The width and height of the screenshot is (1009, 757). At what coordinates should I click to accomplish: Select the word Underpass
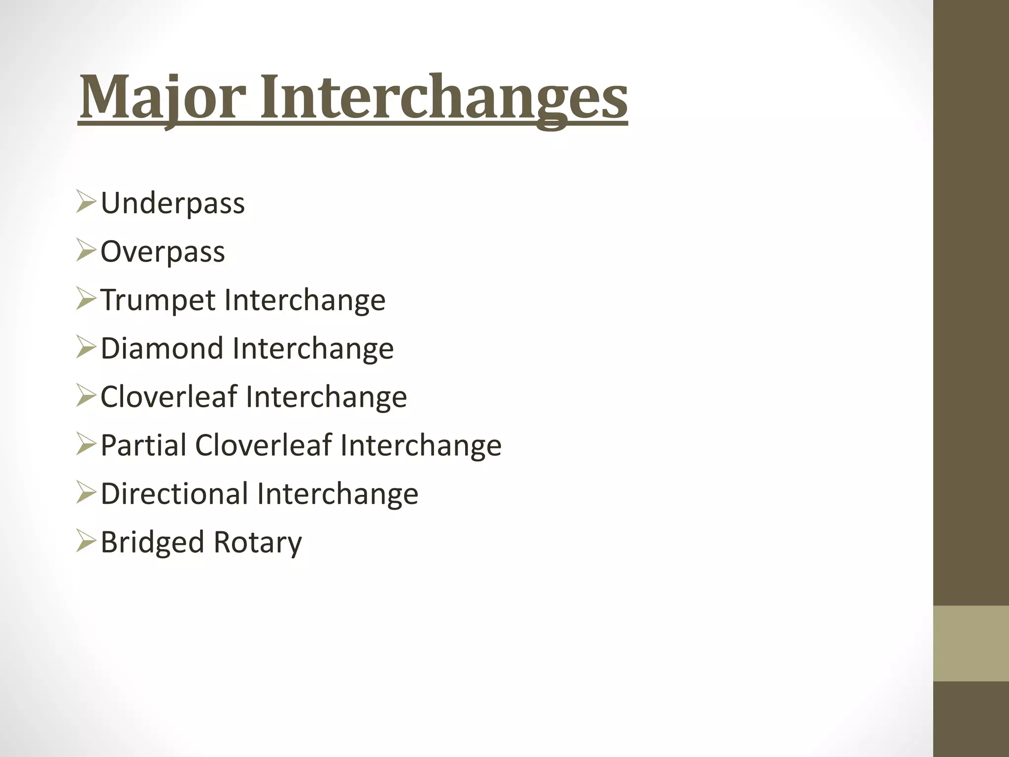(x=172, y=203)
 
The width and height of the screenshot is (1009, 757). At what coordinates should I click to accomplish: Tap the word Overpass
(x=163, y=251)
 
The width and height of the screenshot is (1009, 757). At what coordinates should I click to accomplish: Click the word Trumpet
(x=158, y=300)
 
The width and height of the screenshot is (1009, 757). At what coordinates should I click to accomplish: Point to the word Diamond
(x=162, y=348)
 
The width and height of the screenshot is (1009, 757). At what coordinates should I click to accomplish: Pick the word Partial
(x=143, y=445)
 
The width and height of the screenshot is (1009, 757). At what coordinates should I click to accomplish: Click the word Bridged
(x=152, y=542)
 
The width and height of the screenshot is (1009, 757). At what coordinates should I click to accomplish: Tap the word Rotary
(x=258, y=542)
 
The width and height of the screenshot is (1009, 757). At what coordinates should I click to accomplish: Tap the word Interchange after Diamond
(x=313, y=348)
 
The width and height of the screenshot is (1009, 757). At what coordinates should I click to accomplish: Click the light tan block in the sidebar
(x=971, y=643)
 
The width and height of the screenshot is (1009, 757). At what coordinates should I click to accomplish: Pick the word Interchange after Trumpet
(x=304, y=300)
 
